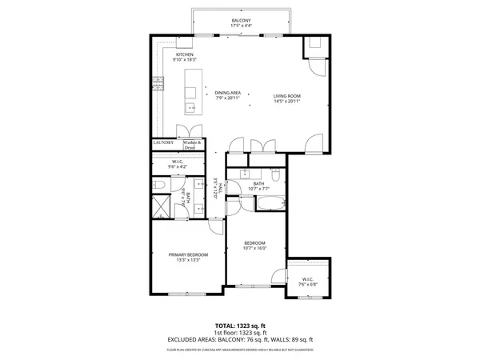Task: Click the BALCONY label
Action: (x=241, y=20)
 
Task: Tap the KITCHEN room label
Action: (x=174, y=54)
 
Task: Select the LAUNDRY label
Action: (x=164, y=142)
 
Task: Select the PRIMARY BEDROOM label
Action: (x=189, y=255)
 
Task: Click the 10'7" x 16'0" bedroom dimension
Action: (x=254, y=248)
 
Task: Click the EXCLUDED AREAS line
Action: (x=240, y=340)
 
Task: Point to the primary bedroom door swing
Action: (x=214, y=226)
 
